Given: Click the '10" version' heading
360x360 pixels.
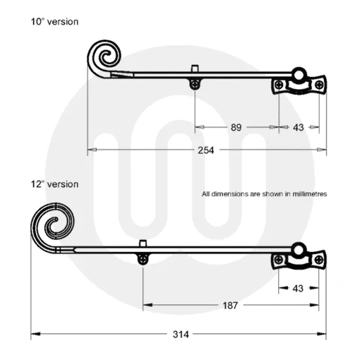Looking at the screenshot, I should (55, 22).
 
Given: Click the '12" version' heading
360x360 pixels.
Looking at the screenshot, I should (55, 184).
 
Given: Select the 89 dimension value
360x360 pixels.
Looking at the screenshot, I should (236, 128).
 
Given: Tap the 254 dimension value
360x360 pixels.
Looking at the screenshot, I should (205, 150).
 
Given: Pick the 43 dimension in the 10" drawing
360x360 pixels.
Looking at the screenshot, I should (298, 128).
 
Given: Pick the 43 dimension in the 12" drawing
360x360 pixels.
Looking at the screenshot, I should (298, 288).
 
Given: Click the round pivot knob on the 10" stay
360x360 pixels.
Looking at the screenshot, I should (298, 75).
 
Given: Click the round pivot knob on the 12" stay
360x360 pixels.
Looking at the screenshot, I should (298, 250).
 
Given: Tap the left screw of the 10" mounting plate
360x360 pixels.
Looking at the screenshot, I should (279, 84).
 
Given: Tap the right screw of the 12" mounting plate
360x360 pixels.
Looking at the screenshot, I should (318, 260).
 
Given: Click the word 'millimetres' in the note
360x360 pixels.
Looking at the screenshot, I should (307, 194).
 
